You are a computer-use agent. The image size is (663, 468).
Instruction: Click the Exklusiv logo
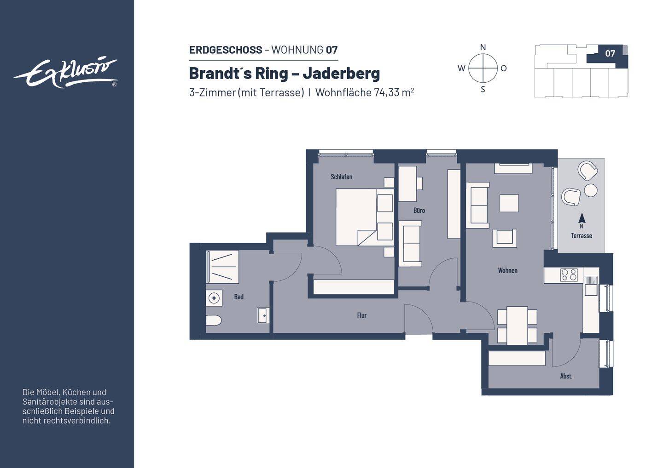pyautogui.click(x=66, y=73)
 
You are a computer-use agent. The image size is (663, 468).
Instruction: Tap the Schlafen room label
pyautogui.click(x=342, y=177)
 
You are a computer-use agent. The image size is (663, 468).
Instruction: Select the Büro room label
pyautogui.click(x=419, y=211)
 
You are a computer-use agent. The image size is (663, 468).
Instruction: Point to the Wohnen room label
pyautogui.click(x=507, y=270)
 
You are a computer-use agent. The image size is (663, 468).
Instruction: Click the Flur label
pyautogui.click(x=362, y=315)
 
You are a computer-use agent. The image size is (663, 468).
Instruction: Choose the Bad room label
pyautogui.click(x=239, y=297)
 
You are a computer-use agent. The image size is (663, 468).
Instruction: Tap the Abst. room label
pyautogui.click(x=566, y=376)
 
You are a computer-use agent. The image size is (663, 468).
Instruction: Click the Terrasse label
pyautogui.click(x=582, y=235)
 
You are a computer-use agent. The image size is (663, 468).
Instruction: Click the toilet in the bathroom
pyautogui.click(x=214, y=320)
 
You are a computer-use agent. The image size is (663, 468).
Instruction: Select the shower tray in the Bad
pyautogui.click(x=222, y=267)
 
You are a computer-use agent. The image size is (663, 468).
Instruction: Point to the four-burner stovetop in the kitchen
pyautogui.click(x=569, y=275)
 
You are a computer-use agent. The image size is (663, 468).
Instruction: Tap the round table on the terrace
pyautogui.click(x=591, y=190)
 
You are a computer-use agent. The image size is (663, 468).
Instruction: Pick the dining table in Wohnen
pyautogui.click(x=517, y=325)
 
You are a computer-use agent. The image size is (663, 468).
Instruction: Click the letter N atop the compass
pyautogui.click(x=483, y=47)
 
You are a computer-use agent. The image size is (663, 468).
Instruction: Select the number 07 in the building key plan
pyautogui.click(x=610, y=53)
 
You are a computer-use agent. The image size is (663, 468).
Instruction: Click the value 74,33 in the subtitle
pyautogui.click(x=387, y=92)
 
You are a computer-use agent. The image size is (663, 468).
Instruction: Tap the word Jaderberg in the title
pyautogui.click(x=341, y=73)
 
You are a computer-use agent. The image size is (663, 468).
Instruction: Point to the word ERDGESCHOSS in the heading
pyautogui.click(x=226, y=50)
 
